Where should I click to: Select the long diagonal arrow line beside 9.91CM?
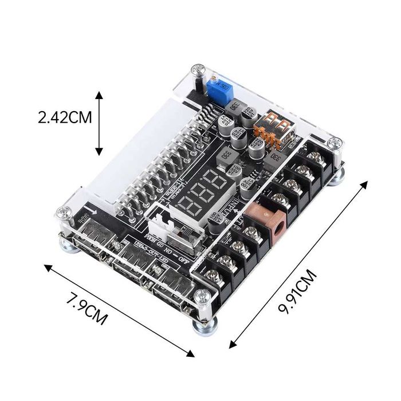click(298, 264)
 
